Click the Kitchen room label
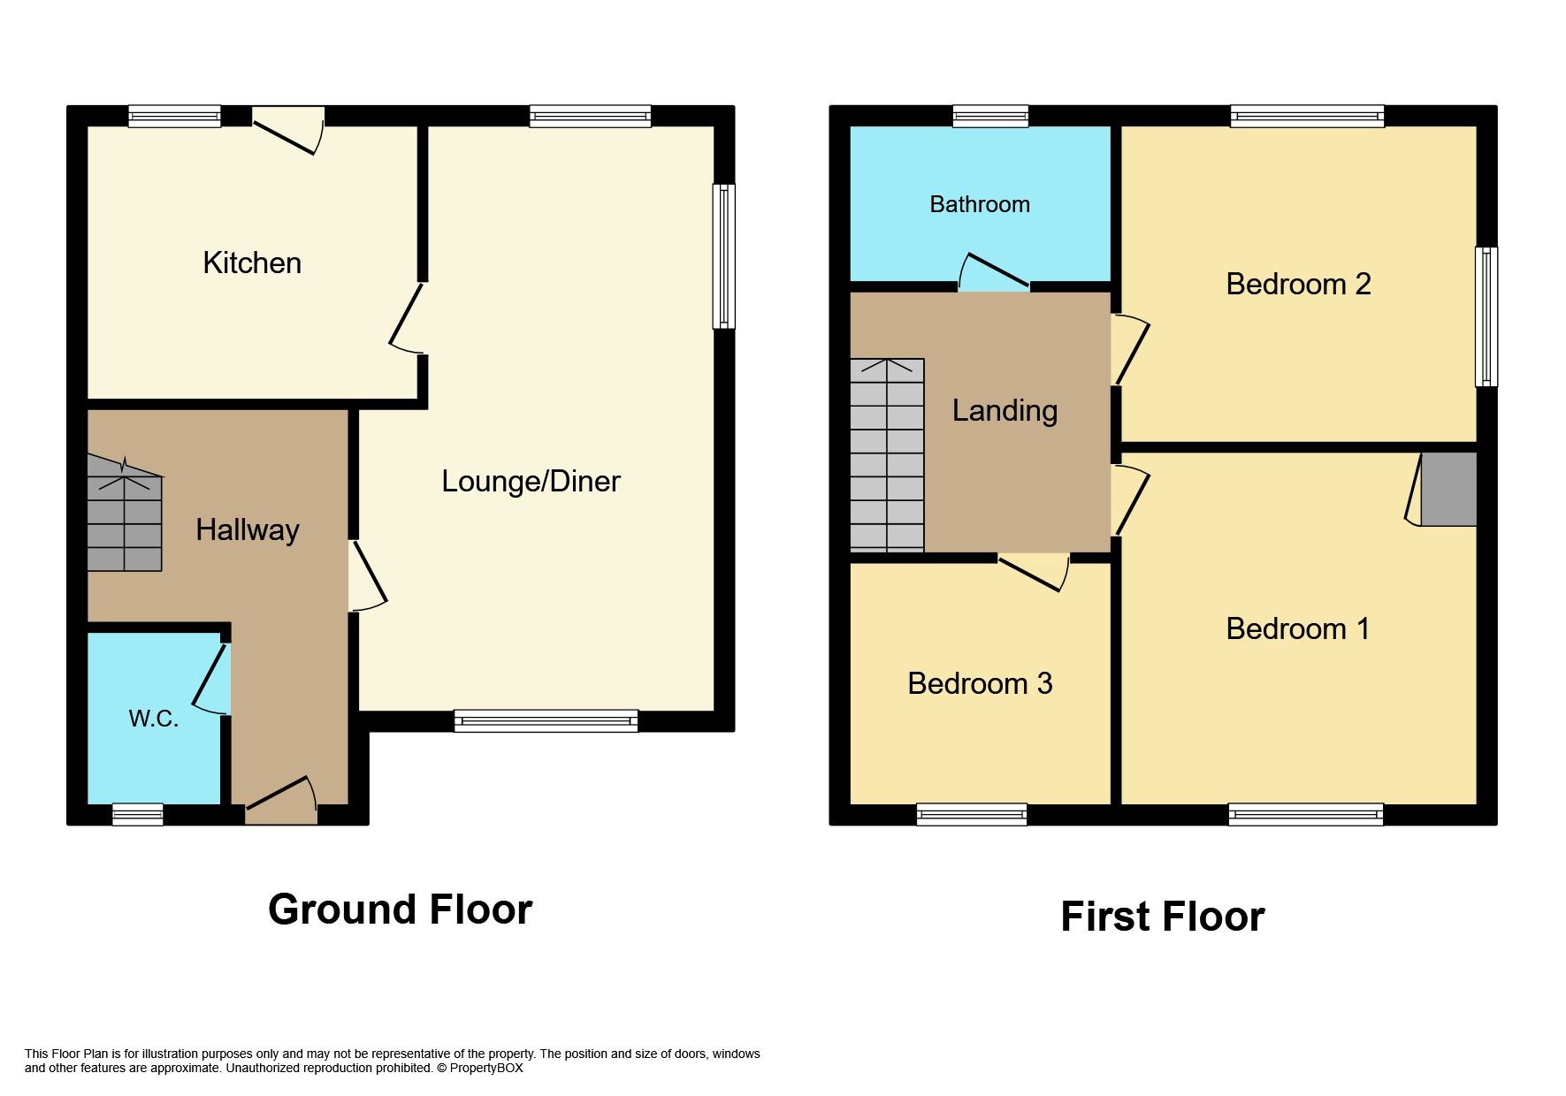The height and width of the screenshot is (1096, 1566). pyautogui.click(x=252, y=263)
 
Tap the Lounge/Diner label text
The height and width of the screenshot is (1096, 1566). pyautogui.click(x=531, y=481)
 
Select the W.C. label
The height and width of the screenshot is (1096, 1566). pyautogui.click(x=154, y=719)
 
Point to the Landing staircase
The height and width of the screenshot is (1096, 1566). pyautogui.click(x=887, y=455)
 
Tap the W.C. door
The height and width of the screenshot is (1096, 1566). pyautogui.click(x=210, y=679)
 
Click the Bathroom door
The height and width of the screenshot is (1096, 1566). pyautogui.click(x=994, y=272)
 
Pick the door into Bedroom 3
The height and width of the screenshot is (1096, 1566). pyautogui.click(x=1033, y=571)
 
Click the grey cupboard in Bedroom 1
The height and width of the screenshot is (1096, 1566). pyautogui.click(x=1448, y=490)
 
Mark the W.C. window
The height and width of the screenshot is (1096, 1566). pyautogui.click(x=138, y=814)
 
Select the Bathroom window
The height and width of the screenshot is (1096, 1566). pyautogui.click(x=990, y=116)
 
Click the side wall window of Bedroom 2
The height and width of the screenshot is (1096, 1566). pyautogui.click(x=1486, y=316)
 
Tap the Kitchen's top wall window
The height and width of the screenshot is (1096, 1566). pyautogui.click(x=174, y=116)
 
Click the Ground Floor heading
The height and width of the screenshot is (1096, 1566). pyautogui.click(x=400, y=910)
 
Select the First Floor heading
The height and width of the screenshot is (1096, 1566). pyautogui.click(x=1162, y=917)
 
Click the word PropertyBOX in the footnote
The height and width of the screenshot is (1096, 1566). pyautogui.click(x=486, y=1068)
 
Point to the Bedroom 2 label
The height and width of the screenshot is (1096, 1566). pyautogui.click(x=1297, y=284)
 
